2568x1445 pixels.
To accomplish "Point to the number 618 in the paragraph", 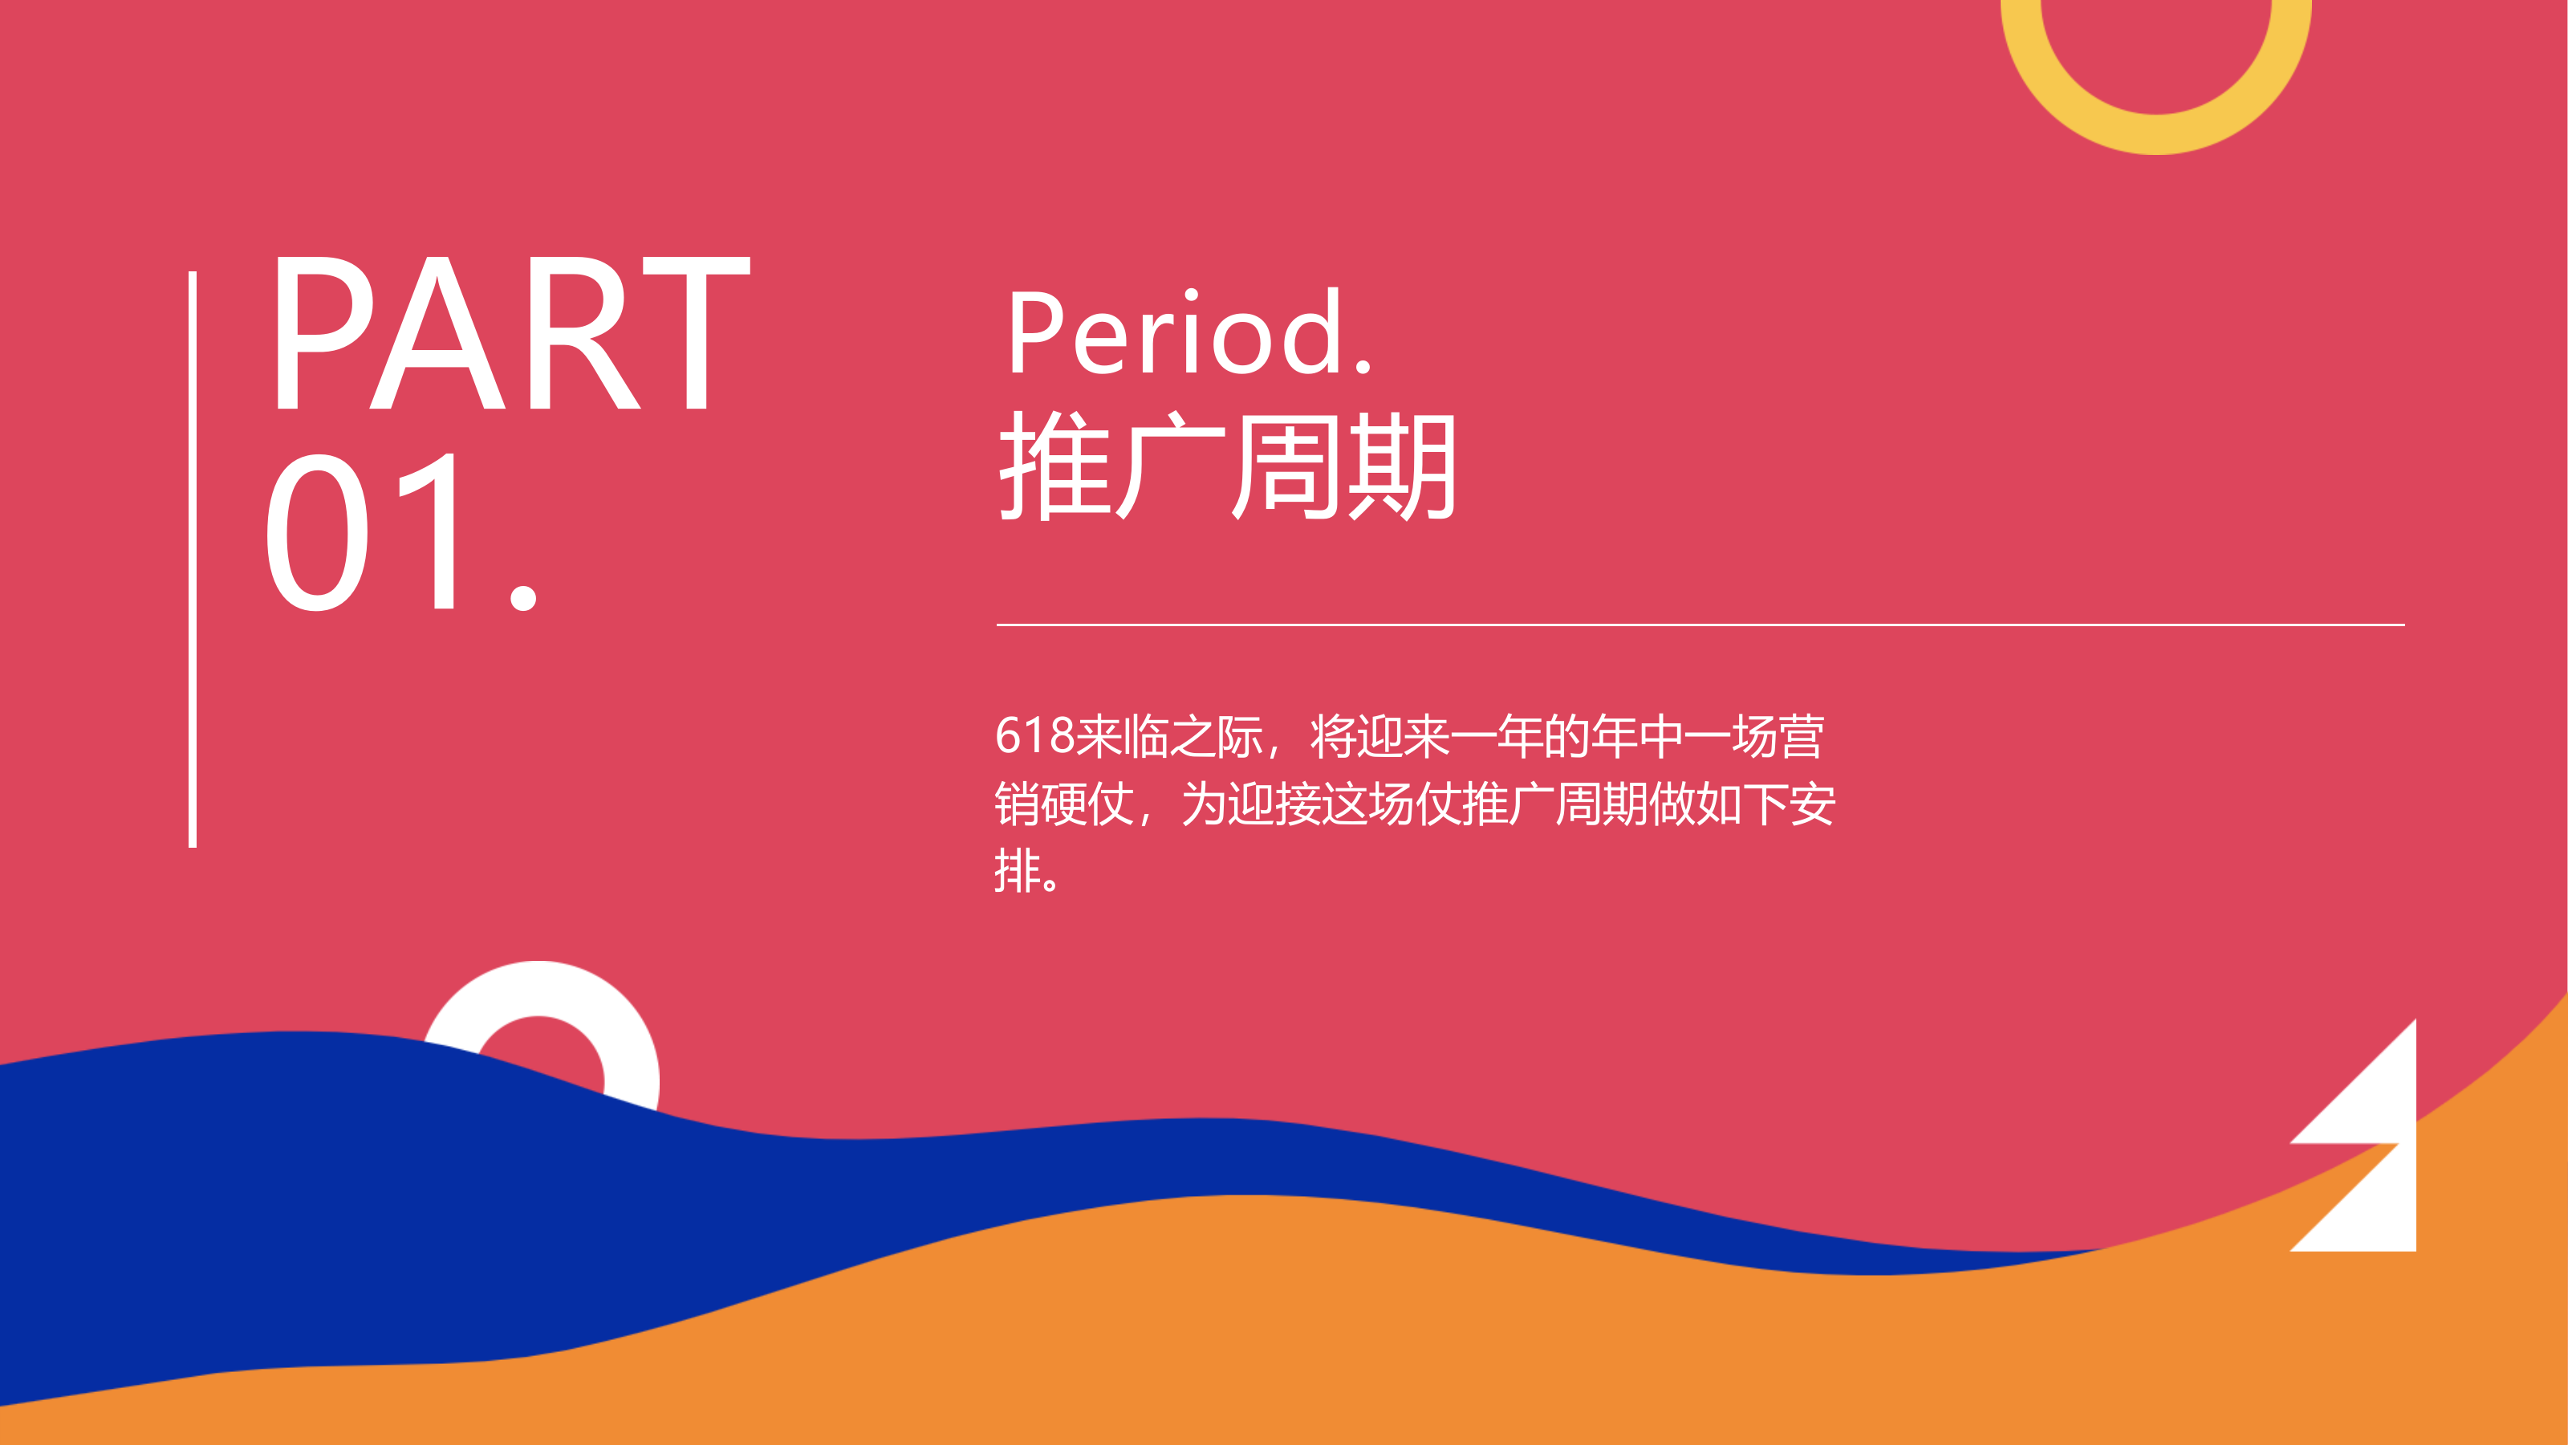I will point(1034,736).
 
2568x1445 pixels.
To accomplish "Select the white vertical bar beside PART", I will point(193,559).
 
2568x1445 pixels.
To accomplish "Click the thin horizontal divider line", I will point(1700,625).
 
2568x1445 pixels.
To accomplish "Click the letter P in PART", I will point(321,332).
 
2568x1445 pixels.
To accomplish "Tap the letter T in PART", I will point(696,332).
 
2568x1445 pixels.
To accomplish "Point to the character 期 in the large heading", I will point(1400,466).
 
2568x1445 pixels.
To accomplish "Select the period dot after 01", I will point(522,597).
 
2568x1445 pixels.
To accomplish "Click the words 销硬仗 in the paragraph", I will point(1063,804).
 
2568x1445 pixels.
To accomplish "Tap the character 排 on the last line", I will point(1017,870).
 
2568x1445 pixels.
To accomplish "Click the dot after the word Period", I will point(1363,366).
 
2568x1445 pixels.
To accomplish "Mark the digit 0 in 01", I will point(317,531).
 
